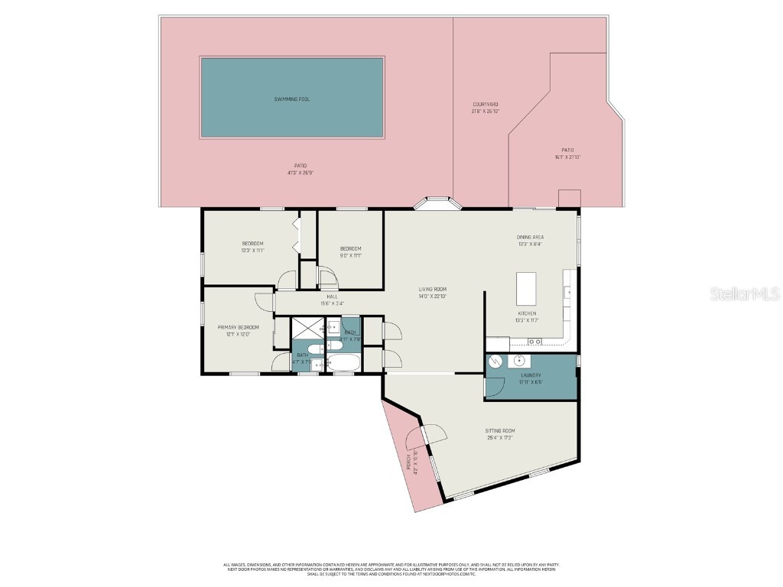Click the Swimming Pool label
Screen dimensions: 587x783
click(x=292, y=99)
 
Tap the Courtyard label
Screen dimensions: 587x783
click(x=485, y=104)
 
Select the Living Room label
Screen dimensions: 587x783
click(x=432, y=290)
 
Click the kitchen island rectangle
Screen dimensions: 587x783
click(x=526, y=288)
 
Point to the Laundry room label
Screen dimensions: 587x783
click(x=531, y=375)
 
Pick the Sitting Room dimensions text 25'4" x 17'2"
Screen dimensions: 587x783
click(x=499, y=438)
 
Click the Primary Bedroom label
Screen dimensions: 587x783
click(x=233, y=327)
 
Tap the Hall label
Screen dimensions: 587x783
click(x=332, y=297)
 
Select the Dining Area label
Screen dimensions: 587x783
click(x=529, y=237)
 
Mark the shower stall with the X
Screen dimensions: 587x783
click(x=308, y=329)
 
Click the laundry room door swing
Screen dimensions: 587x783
click(x=494, y=386)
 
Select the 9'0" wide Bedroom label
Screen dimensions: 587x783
click(x=350, y=248)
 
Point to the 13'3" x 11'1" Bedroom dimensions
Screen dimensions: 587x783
click(x=252, y=250)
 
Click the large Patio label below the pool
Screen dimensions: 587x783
click(x=301, y=165)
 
